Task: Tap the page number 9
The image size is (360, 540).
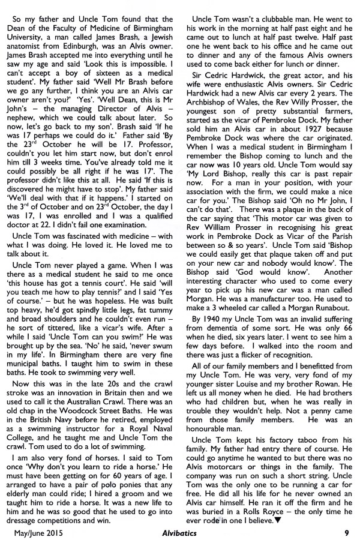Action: [347, 531]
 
